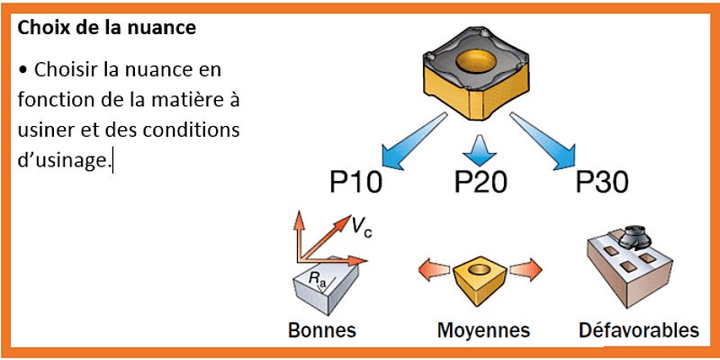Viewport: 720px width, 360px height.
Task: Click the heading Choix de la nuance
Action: (106, 28)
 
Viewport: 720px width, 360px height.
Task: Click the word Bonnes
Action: (321, 329)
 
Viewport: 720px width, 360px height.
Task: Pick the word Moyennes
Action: (482, 329)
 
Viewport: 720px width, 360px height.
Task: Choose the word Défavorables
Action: (638, 329)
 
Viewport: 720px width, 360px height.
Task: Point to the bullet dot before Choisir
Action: (22, 68)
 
